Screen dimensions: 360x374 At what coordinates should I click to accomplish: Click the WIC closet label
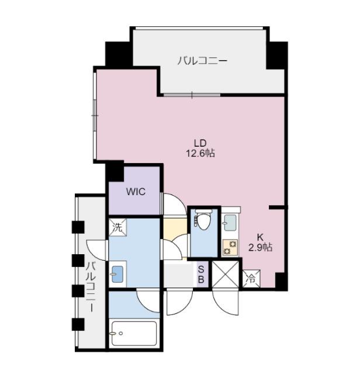click(136, 192)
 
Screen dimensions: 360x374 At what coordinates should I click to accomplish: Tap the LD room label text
click(200, 143)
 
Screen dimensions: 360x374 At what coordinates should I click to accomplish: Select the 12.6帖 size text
click(200, 153)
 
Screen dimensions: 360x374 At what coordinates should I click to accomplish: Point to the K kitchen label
click(260, 237)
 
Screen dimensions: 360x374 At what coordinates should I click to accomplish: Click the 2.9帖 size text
click(260, 247)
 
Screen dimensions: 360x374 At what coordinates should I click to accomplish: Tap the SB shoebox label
click(201, 275)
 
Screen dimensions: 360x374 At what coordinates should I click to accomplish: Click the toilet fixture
click(203, 220)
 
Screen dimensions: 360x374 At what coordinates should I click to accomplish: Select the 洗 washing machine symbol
click(117, 227)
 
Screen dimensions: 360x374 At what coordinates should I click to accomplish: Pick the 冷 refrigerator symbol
click(251, 278)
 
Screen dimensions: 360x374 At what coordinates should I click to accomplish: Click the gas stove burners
click(230, 247)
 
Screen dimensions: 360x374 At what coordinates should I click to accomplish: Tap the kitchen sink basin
click(230, 223)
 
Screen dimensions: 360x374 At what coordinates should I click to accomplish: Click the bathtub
click(134, 334)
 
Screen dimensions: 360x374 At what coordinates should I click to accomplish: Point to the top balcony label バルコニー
click(202, 61)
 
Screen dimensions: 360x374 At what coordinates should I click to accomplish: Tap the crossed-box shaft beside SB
click(225, 274)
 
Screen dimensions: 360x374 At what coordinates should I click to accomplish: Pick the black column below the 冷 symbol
click(281, 281)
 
